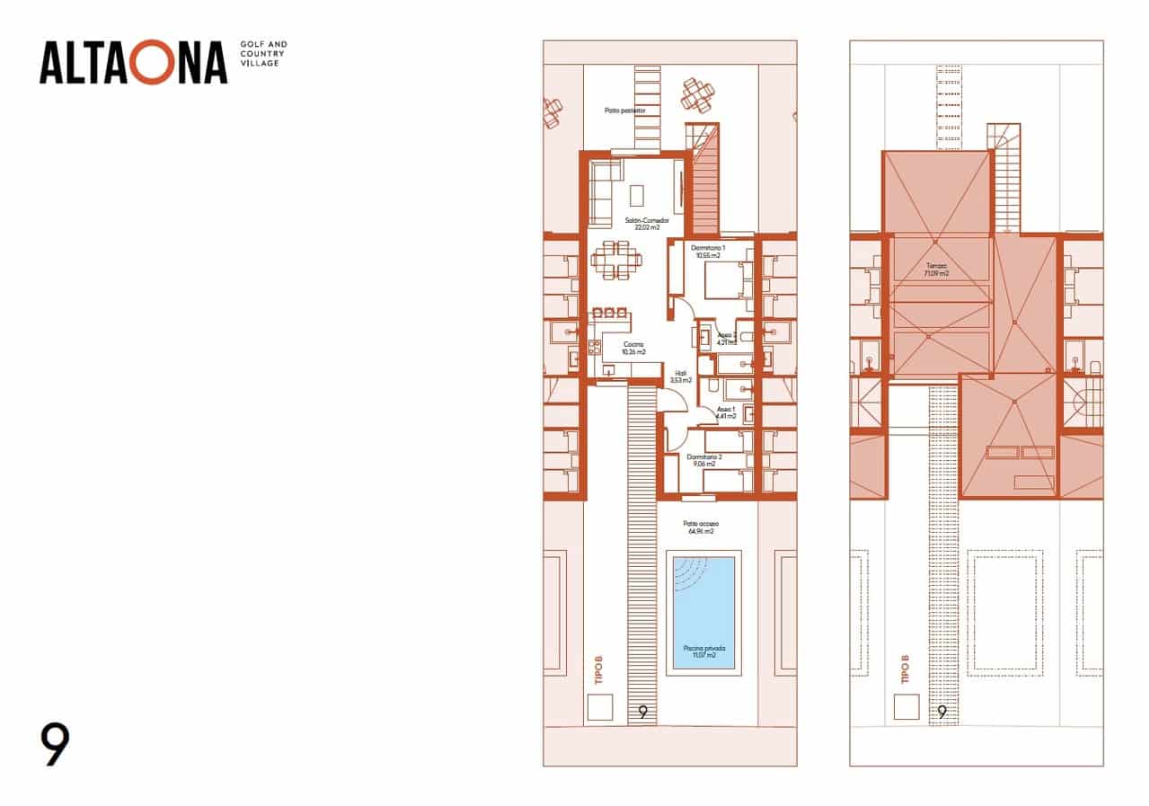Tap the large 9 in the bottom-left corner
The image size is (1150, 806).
(x=55, y=745)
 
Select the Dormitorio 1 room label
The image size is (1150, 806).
(x=708, y=251)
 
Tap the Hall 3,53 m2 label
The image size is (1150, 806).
(x=681, y=376)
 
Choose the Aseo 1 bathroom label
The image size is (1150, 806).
(x=726, y=412)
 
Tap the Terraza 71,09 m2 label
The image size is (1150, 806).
(x=936, y=270)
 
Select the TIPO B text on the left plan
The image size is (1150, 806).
(x=598, y=670)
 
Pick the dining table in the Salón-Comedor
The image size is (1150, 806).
(x=617, y=259)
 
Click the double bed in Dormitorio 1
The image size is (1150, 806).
(x=723, y=280)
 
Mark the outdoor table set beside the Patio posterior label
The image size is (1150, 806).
(x=696, y=93)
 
